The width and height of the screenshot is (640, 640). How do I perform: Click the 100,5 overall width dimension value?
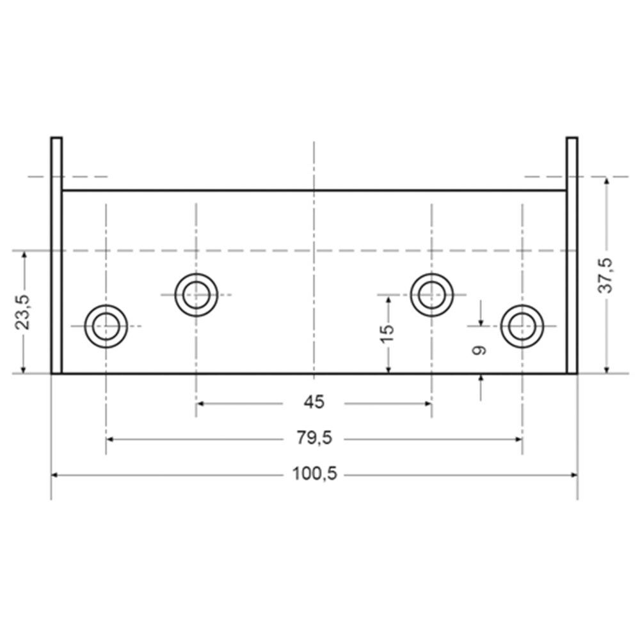pos(314,474)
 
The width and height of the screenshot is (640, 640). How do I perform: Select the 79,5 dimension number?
pos(314,438)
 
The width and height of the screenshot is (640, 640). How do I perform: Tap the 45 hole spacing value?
pos(314,403)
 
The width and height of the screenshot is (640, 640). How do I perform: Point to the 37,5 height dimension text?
pos(605,275)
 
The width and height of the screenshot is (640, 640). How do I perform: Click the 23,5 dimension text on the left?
pos(22,312)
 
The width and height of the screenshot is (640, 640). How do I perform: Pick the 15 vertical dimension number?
pos(387,334)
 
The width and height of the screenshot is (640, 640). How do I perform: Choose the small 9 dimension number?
pos(479,350)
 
